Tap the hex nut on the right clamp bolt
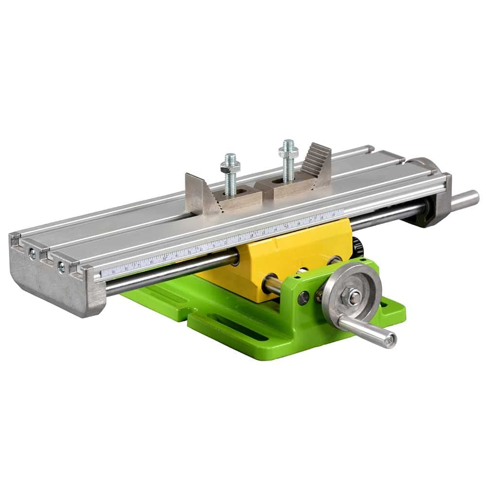pos(288,152)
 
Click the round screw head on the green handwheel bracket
pos(303,297)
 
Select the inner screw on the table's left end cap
pos(61,266)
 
